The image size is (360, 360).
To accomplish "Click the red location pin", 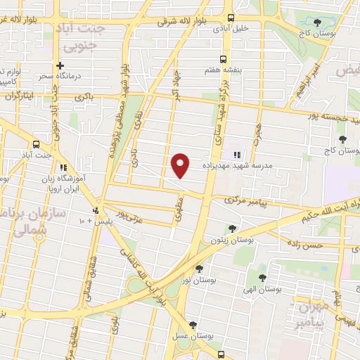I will (x=181, y=165).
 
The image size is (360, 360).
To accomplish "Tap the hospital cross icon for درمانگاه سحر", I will (x=60, y=65).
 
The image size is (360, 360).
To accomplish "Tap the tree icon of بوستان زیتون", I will (x=233, y=228).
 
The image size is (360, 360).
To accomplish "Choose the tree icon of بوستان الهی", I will (x=262, y=278).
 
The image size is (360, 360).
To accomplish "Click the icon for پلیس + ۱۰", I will (x=96, y=210).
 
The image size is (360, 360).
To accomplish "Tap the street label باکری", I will (x=85, y=95).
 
